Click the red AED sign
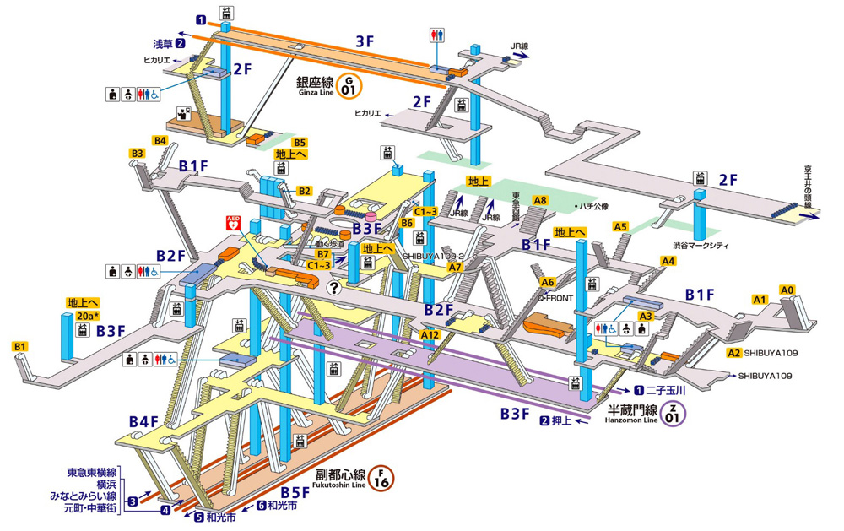(x=233, y=224)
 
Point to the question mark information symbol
(x=335, y=289)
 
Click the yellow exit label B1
(x=20, y=346)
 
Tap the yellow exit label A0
(x=787, y=290)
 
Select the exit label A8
(x=540, y=200)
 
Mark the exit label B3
(x=138, y=153)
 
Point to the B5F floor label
(x=296, y=492)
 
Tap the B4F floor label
(x=143, y=421)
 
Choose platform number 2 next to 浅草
(x=180, y=44)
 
